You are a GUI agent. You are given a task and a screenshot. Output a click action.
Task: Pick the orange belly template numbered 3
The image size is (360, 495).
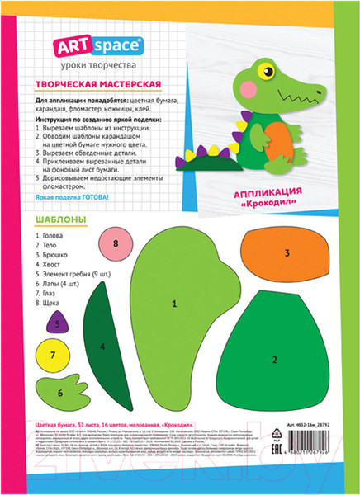[286, 253]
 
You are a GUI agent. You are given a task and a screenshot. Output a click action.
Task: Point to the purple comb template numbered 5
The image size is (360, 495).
[57, 324]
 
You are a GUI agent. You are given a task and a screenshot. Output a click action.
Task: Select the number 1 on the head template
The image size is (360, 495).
[174, 304]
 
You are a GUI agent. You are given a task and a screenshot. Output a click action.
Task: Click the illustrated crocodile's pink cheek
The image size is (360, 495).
[247, 88]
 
